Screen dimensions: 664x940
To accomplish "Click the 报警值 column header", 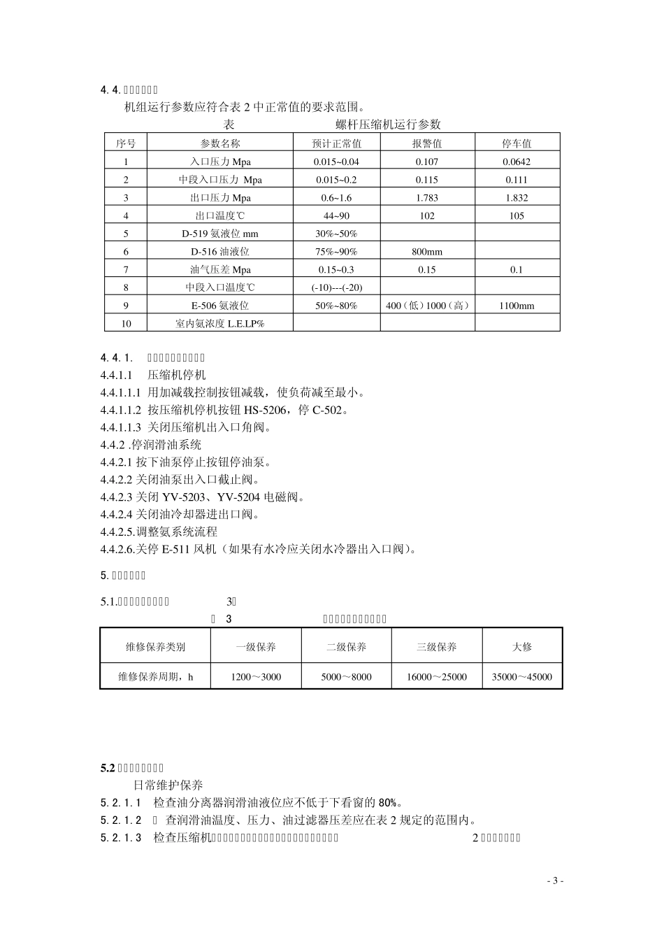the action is (427, 143).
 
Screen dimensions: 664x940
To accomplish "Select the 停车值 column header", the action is (517, 143).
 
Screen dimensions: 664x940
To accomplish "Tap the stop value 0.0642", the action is (517, 162).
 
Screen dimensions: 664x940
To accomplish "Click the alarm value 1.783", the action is (427, 198).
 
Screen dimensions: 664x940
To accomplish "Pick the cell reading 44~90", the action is (336, 216).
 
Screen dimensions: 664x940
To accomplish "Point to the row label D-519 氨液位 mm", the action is (220, 234).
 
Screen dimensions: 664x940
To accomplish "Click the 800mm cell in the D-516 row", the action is (427, 252).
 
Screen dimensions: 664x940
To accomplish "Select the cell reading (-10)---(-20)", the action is (336, 287).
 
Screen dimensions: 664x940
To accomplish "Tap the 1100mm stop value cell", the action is (517, 306).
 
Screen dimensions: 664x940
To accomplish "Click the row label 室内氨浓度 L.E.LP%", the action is (220, 324).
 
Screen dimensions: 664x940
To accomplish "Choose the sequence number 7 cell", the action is (126, 270).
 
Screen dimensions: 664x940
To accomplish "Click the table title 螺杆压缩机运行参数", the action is (388, 124).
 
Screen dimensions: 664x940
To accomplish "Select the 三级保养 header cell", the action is (437, 647).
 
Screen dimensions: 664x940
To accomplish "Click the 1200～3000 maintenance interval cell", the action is (256, 677).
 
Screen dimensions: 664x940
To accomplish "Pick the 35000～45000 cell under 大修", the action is (522, 677).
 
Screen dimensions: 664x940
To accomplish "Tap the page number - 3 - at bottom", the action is (555, 881).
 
